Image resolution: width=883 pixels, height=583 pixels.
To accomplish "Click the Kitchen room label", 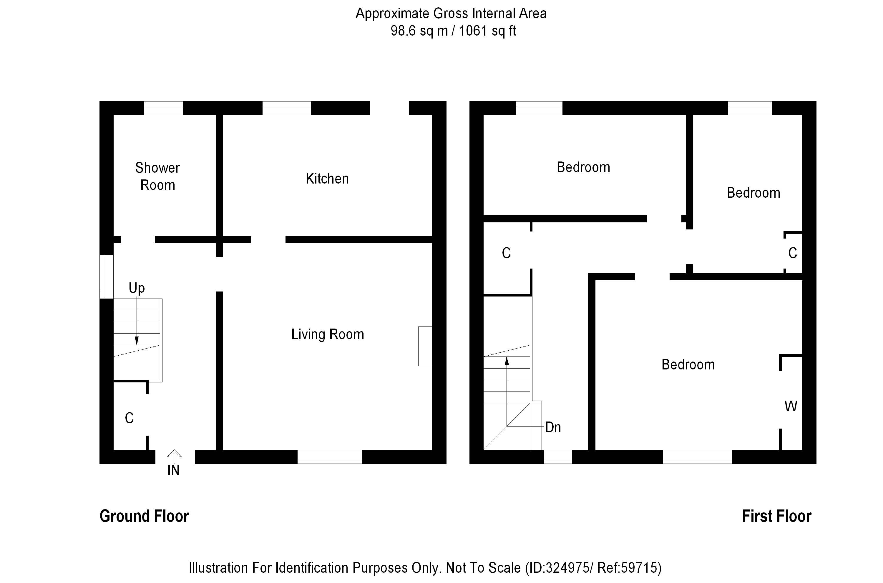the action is pos(327,179).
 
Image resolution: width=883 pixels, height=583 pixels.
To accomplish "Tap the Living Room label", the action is pos(328,334).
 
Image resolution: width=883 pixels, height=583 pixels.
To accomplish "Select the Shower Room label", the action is pos(158,176).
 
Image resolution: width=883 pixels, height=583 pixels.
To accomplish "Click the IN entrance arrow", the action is pos(174,457).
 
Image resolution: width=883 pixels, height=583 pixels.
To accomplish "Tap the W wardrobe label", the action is pos(791,407).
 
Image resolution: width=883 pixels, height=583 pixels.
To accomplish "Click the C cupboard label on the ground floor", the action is pos(129,418).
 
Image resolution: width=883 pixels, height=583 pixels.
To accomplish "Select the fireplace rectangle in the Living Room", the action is pos(425,346).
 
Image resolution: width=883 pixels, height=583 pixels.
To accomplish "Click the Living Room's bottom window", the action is pos(330,457).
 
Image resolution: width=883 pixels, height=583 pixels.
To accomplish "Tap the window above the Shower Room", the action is pos(163,108).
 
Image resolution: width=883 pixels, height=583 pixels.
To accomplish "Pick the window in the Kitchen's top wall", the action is pos(287,108).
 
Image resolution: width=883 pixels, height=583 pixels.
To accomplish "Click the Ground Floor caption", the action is pos(144,516).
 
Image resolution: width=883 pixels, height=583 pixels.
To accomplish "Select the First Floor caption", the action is pos(777,516).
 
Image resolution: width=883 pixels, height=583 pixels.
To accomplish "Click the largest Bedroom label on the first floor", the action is pos(688,365).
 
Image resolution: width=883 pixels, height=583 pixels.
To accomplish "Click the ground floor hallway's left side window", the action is pos(106,276).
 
